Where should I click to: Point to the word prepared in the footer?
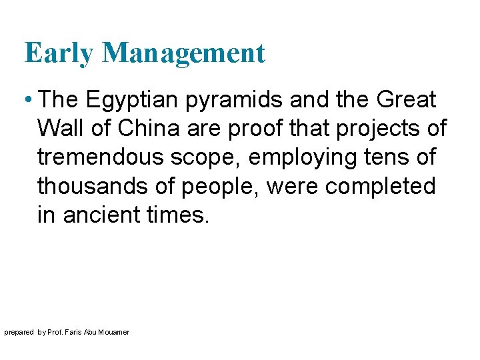pos(18,332)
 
